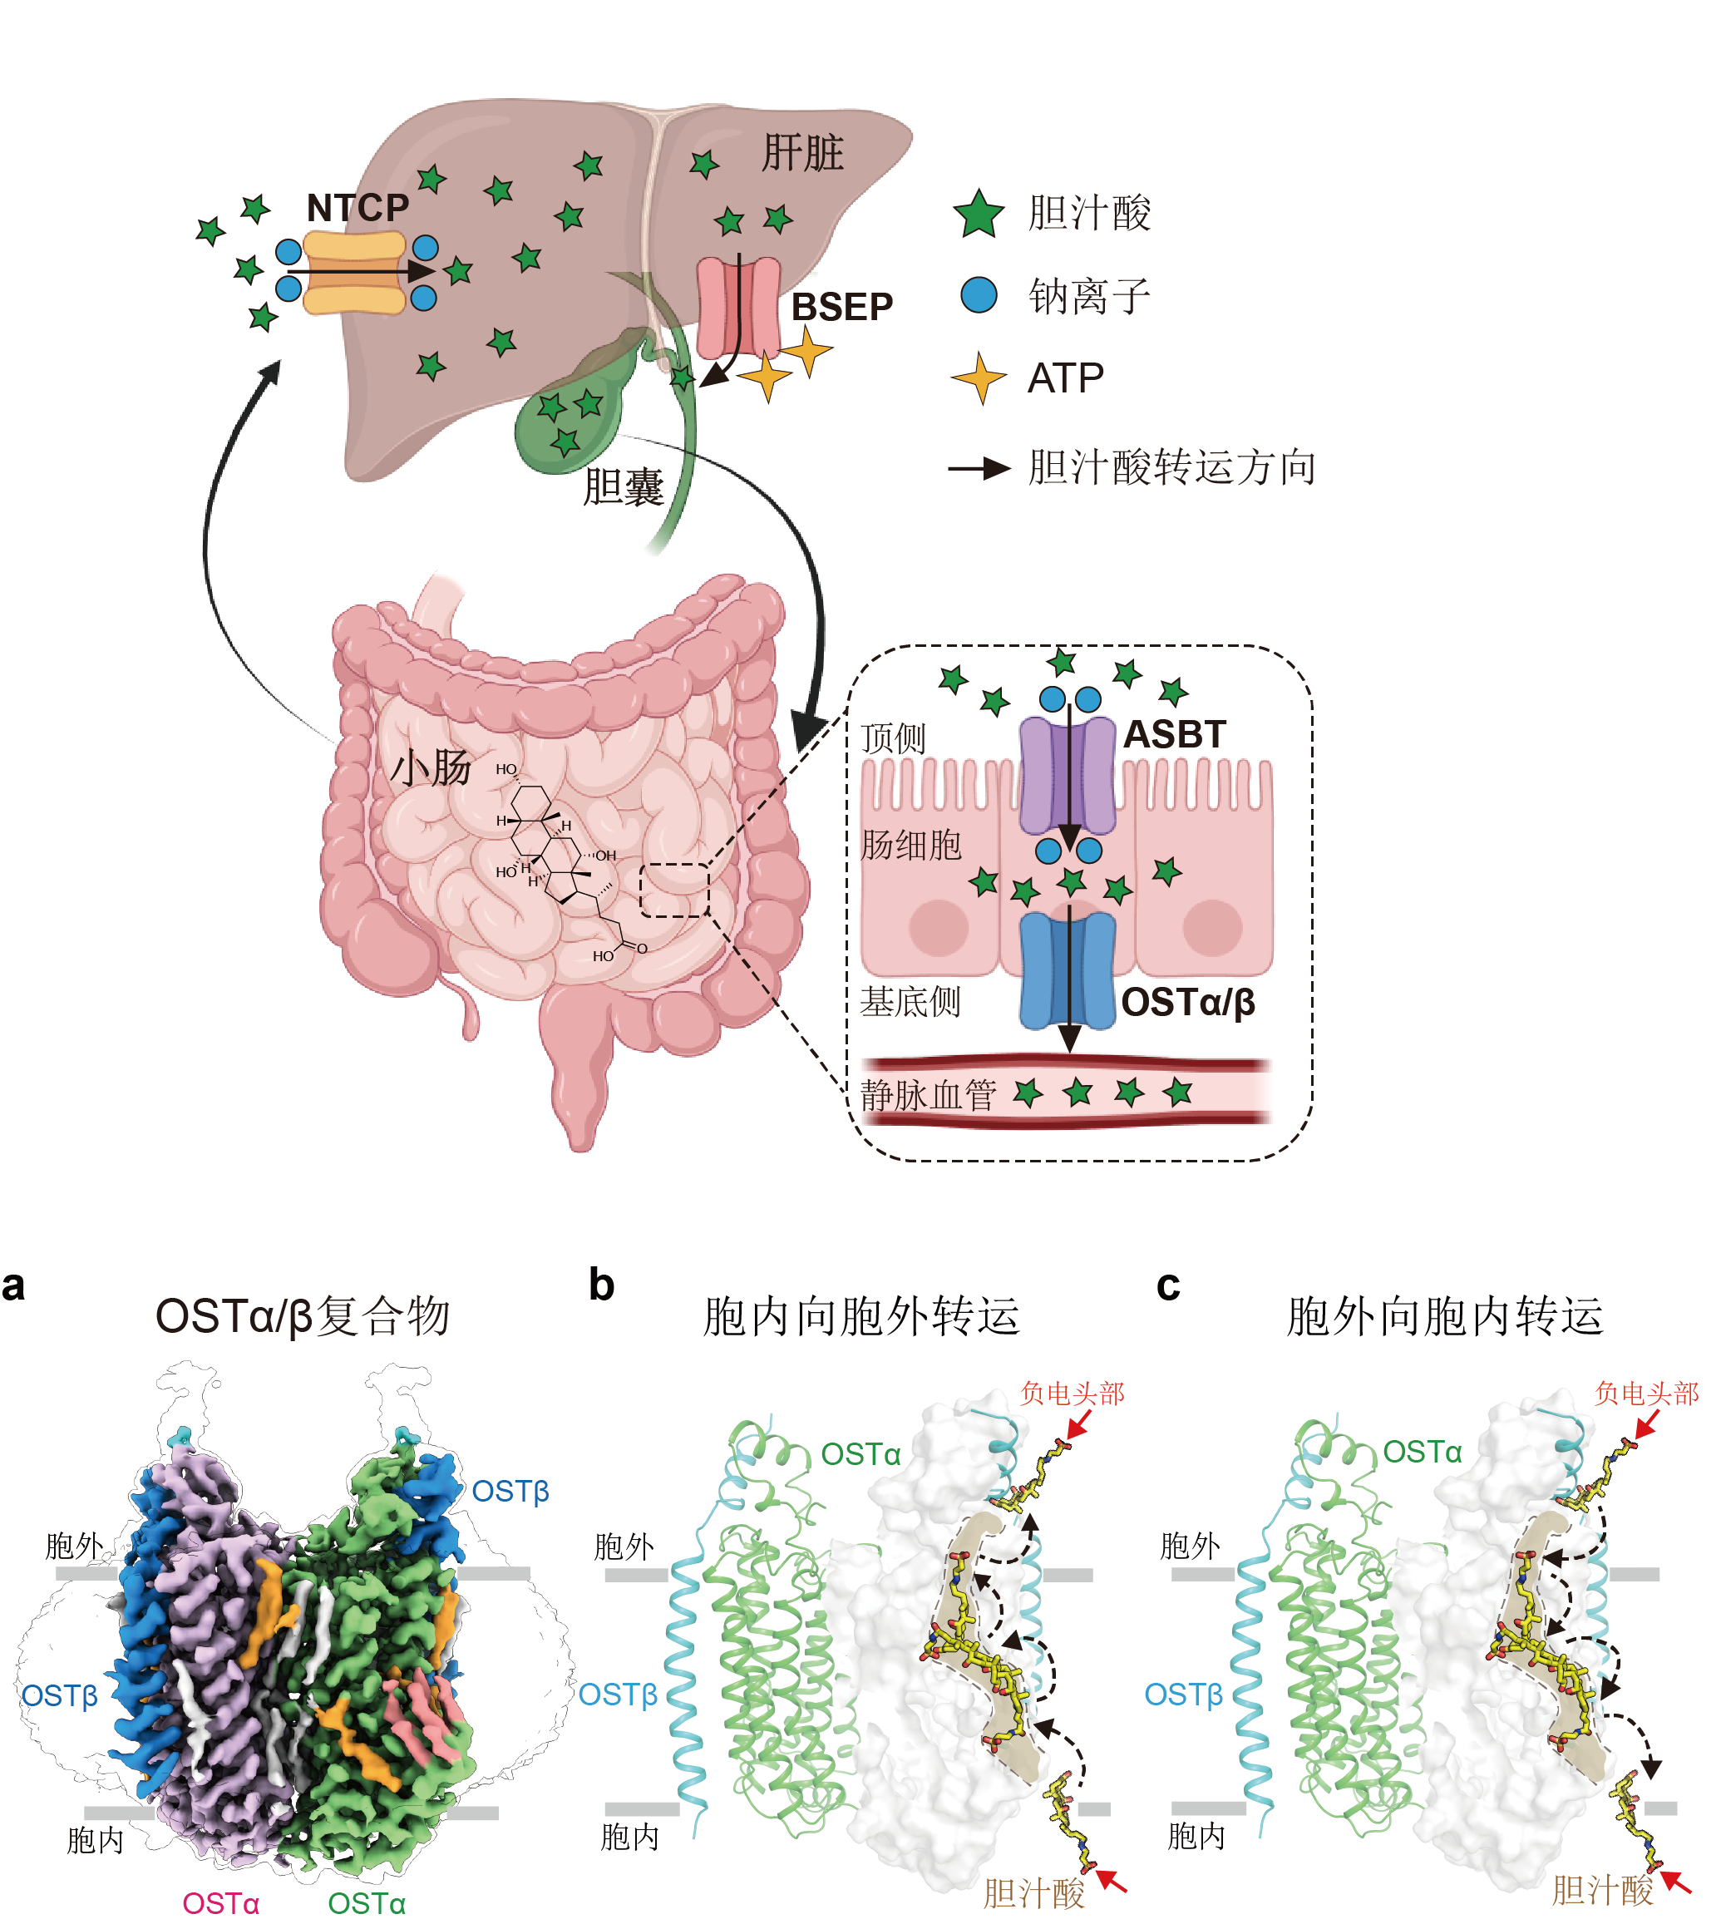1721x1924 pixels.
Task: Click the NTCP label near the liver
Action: [x=358, y=207]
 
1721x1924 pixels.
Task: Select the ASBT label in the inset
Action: [x=1173, y=733]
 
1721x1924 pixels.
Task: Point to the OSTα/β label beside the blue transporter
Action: [x=1188, y=1002]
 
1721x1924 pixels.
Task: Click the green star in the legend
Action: [x=978, y=214]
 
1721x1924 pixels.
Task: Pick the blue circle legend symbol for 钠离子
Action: [x=979, y=295]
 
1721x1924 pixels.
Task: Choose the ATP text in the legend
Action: [x=1066, y=378]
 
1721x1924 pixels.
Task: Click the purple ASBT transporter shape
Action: [x=1068, y=775]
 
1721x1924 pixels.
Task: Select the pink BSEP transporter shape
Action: [x=738, y=308]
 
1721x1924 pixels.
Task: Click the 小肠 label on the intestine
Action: [x=431, y=767]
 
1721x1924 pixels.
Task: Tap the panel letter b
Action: [x=601, y=1285]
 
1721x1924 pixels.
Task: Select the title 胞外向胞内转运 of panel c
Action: [x=1445, y=1315]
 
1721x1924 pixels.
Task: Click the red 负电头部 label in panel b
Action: [x=1073, y=1393]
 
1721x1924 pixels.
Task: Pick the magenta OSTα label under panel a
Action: [x=220, y=1902]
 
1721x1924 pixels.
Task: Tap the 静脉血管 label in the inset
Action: [x=928, y=1095]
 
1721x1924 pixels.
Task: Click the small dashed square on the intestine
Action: [x=674, y=890]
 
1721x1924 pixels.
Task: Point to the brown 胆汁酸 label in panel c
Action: [x=1602, y=1890]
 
